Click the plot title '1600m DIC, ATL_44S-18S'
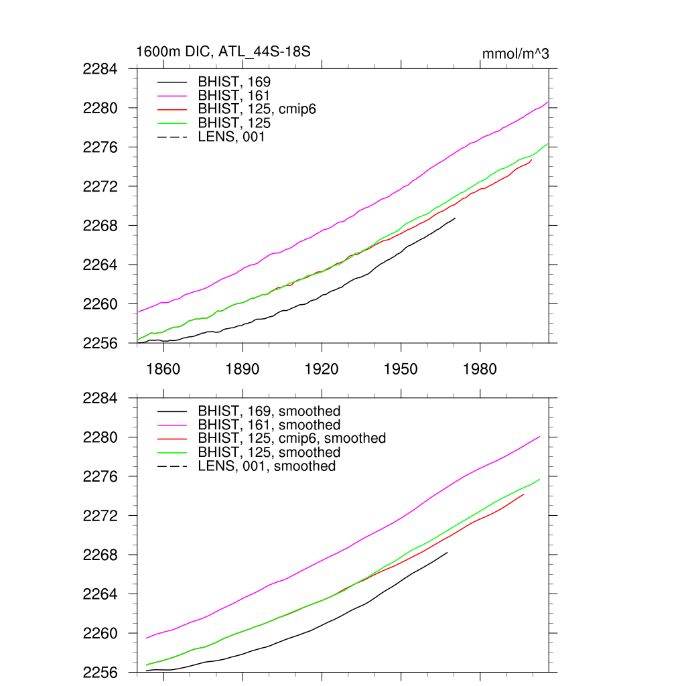pos(223,52)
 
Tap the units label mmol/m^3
pos(515,54)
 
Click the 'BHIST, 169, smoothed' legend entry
pos(269,411)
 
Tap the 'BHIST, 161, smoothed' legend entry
pos(269,425)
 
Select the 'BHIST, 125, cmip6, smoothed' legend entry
pos(291,438)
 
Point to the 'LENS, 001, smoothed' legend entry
pos(266,466)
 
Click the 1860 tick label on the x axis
pos(163,369)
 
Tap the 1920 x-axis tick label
pos(322,369)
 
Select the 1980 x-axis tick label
pos(480,369)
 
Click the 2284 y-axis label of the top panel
pos(101,69)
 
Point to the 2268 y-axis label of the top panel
pos(101,226)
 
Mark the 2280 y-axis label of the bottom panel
pos(101,437)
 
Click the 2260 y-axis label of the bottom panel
pos(101,633)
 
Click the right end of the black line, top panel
pos(455,218)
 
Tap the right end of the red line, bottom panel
pos(523,494)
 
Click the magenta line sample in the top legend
pos(172,95)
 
